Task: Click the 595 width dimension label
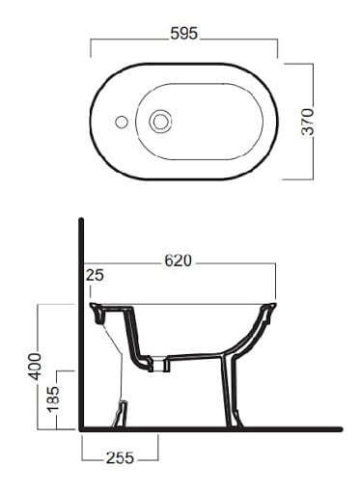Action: pyautogui.click(x=184, y=34)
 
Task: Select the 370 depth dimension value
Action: pyautogui.click(x=308, y=122)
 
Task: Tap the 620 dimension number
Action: pyautogui.click(x=178, y=261)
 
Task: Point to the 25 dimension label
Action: pyautogui.click(x=95, y=275)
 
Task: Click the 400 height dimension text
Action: pyautogui.click(x=35, y=367)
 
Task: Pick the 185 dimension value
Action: pyautogui.click(x=53, y=398)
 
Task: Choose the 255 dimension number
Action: pyautogui.click(x=120, y=458)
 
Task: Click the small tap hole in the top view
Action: pyautogui.click(x=122, y=122)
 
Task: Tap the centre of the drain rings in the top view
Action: pyautogui.click(x=160, y=122)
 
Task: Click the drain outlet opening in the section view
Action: pyautogui.click(x=158, y=365)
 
